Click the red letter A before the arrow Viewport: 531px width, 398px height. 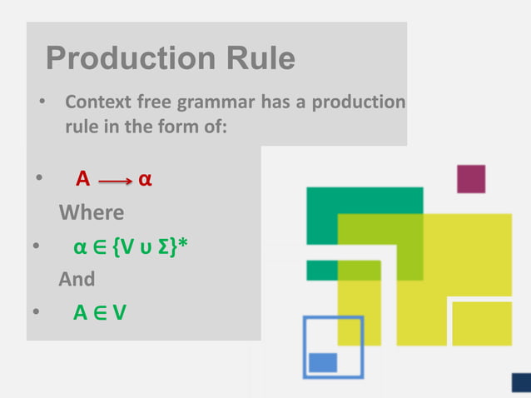(82, 179)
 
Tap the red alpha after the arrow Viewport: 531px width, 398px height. (144, 180)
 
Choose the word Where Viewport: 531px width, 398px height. (92, 212)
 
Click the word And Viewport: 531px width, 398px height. (77, 279)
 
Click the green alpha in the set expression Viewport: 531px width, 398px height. (80, 247)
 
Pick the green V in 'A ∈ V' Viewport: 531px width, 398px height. (120, 313)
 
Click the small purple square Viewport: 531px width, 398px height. (471, 178)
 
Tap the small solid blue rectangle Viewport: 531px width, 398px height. (323, 362)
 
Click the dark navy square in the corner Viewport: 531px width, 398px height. (521, 382)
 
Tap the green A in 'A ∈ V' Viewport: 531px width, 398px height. (81, 313)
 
